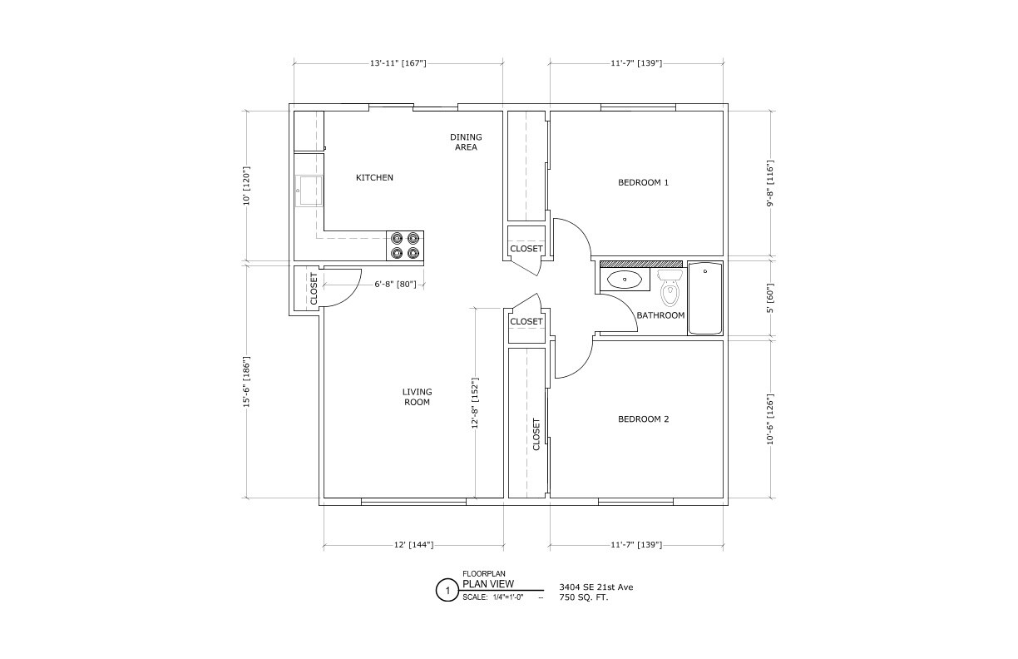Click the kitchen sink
pyautogui.click(x=309, y=191)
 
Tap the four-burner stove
pyautogui.click(x=405, y=245)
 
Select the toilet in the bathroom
pyautogui.click(x=670, y=288)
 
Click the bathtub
pyautogui.click(x=705, y=299)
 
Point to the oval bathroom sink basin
pyautogui.click(x=625, y=280)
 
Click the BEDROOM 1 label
pyautogui.click(x=643, y=182)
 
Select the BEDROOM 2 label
pyautogui.click(x=643, y=419)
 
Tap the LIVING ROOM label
pyautogui.click(x=418, y=397)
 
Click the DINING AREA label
pyautogui.click(x=466, y=142)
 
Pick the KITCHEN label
pyautogui.click(x=374, y=177)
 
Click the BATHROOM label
pyautogui.click(x=660, y=315)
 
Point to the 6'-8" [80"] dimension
pyautogui.click(x=395, y=285)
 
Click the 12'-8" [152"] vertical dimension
pyautogui.click(x=475, y=403)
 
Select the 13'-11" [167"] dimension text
pyautogui.click(x=398, y=63)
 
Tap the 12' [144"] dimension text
pyautogui.click(x=413, y=544)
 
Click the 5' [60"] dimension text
pyautogui.click(x=770, y=298)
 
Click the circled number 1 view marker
pyautogui.click(x=447, y=590)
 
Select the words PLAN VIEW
pyautogui.click(x=488, y=584)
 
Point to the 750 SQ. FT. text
pyautogui.click(x=584, y=597)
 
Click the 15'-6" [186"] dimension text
pyautogui.click(x=247, y=381)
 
